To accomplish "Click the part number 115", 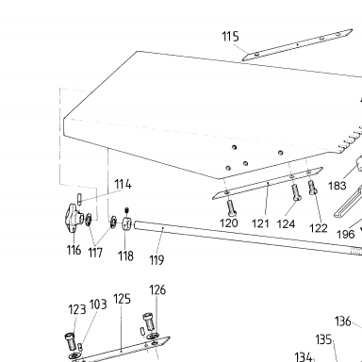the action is [x=230, y=37].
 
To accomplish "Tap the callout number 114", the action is [x=123, y=184].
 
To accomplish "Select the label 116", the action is [x=74, y=250].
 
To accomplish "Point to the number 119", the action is [x=156, y=260].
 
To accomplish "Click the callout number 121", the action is [x=260, y=223].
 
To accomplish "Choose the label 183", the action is [x=337, y=186].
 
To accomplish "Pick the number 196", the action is [x=345, y=234].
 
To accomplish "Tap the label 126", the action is [x=157, y=289].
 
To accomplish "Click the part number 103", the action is [x=98, y=304].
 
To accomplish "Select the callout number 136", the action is [x=342, y=321].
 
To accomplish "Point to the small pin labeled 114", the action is [x=79, y=199].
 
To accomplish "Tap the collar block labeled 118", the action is [x=126, y=223].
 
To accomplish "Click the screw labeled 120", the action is [x=231, y=207].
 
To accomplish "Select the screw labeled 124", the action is [x=296, y=192].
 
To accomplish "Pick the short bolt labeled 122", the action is [x=313, y=188].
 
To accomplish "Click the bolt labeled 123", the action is [x=72, y=342].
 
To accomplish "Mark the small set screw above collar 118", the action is [x=126, y=210].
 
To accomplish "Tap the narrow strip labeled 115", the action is [x=297, y=44].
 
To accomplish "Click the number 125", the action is [x=122, y=299].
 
